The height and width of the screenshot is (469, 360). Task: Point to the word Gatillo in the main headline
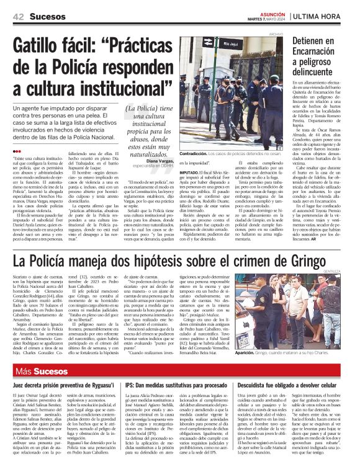click(42, 47)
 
